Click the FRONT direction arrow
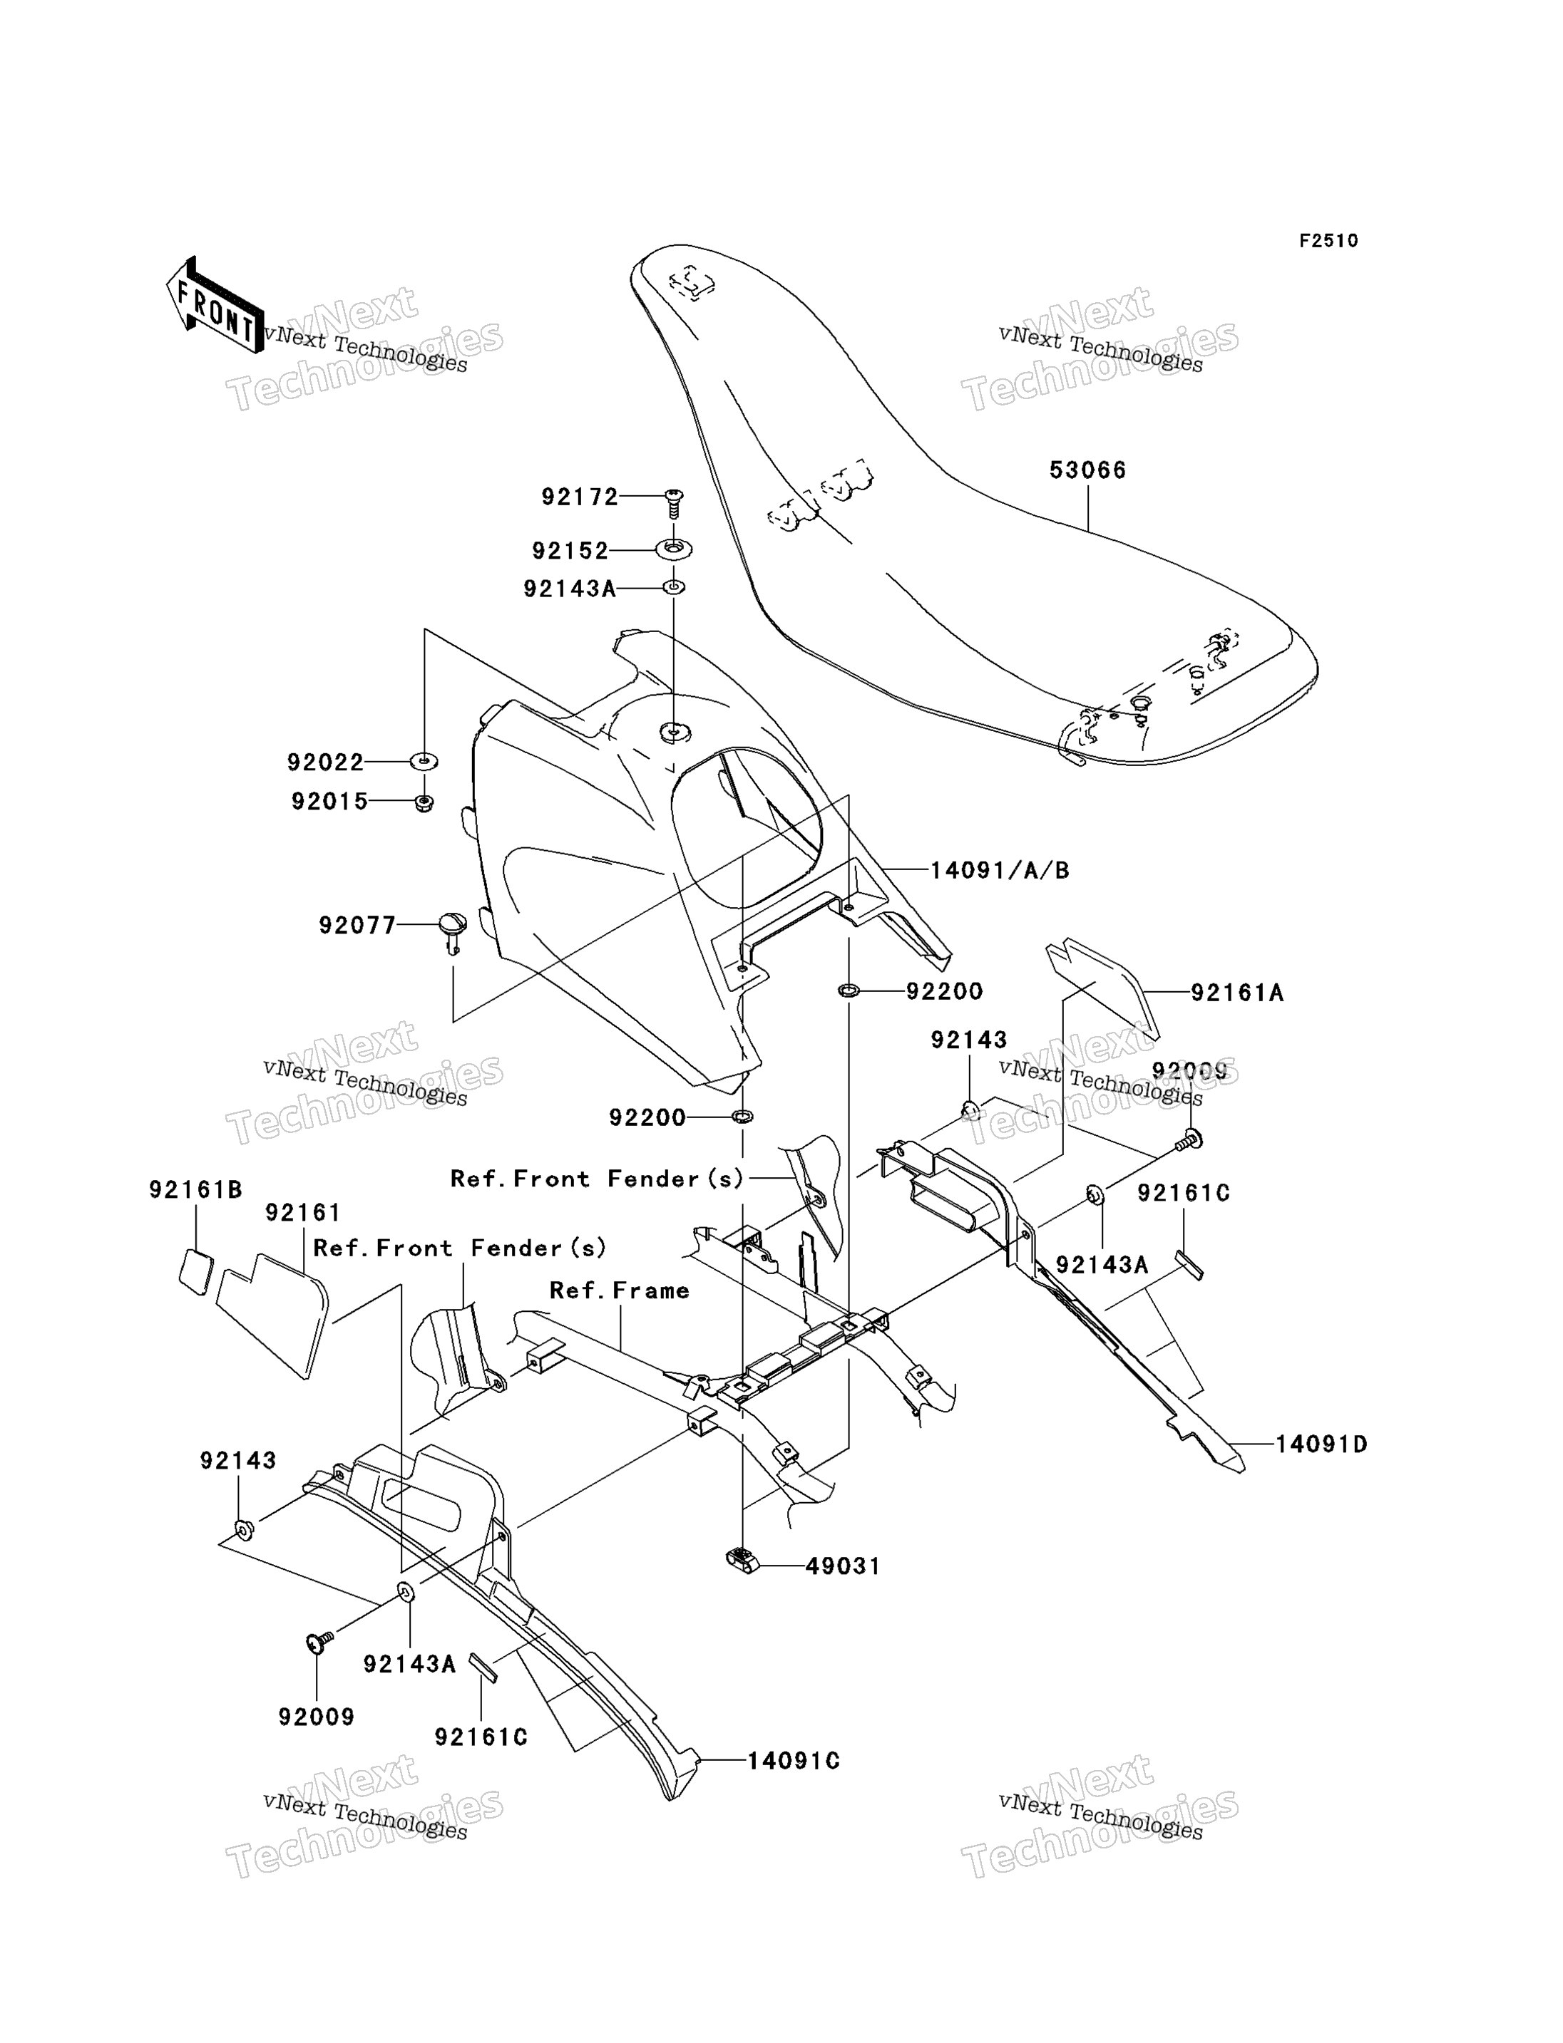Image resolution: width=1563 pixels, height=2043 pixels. [214, 305]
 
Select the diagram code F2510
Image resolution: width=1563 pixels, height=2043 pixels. [1328, 241]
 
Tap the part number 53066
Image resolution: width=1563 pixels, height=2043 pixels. [1087, 470]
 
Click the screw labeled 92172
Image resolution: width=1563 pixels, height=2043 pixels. [675, 502]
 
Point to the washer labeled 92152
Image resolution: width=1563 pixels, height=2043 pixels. [674, 549]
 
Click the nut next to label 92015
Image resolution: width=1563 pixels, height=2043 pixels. [424, 802]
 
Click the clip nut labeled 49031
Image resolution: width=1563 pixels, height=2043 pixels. [742, 1558]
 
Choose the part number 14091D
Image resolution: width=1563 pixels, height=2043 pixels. [1321, 1444]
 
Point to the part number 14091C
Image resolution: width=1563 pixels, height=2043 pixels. [794, 1762]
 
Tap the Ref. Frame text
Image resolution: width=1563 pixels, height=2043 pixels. [620, 1291]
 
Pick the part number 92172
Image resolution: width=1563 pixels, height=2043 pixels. [580, 497]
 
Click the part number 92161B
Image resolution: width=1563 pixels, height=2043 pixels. [195, 1189]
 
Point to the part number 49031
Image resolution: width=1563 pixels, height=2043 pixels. [843, 1566]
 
